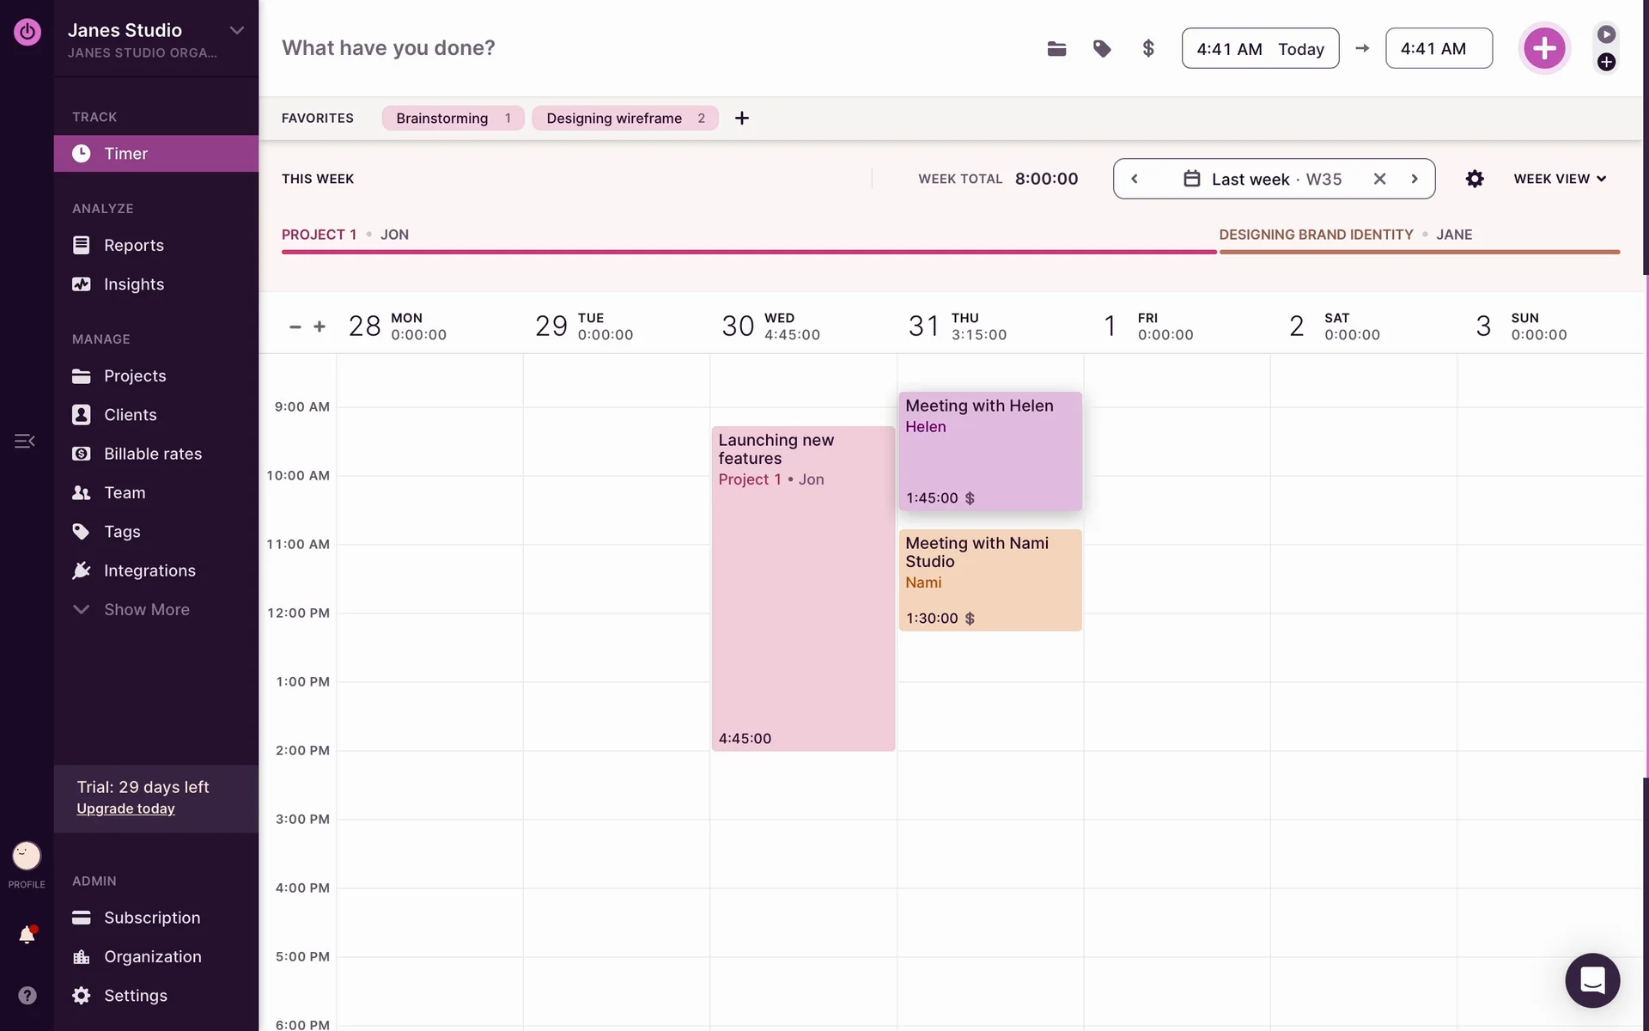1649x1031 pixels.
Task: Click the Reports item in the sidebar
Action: click(x=133, y=246)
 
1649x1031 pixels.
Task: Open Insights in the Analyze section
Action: click(x=133, y=284)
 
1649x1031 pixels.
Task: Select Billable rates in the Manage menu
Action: click(x=152, y=454)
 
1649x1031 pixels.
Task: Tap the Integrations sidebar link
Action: click(x=149, y=570)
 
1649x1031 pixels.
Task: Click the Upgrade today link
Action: click(x=125, y=808)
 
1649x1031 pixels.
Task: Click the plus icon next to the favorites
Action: click(x=742, y=119)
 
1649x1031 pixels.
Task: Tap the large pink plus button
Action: click(x=1544, y=48)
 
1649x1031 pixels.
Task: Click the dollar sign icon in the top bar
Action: click(x=1148, y=49)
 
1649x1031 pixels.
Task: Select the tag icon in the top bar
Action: click(x=1102, y=49)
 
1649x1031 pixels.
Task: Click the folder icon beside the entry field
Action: click(x=1056, y=49)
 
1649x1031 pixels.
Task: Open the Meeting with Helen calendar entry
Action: click(x=989, y=451)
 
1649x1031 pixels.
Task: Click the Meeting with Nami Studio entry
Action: click(x=989, y=580)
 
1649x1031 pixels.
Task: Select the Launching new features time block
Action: click(x=803, y=589)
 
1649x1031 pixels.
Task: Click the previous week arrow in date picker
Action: click(x=1135, y=179)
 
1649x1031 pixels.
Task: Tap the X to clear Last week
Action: click(x=1379, y=179)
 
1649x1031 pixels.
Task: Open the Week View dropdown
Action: click(x=1560, y=179)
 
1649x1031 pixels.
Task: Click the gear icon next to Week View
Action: click(x=1475, y=179)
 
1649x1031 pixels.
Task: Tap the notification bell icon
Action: click(x=27, y=935)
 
